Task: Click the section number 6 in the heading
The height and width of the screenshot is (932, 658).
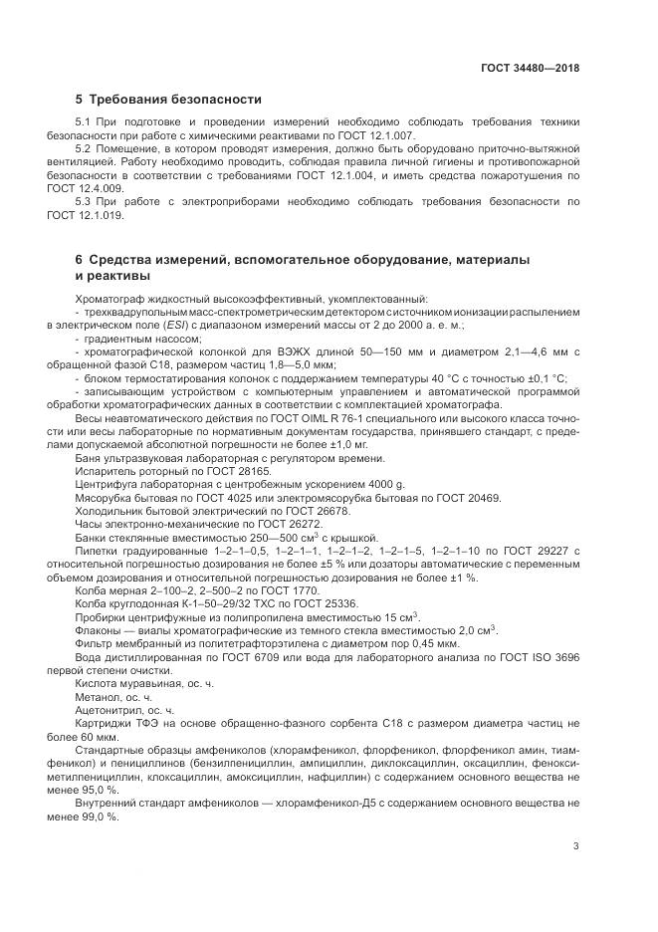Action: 79,259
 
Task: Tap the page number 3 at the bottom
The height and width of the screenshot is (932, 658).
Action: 576,847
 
